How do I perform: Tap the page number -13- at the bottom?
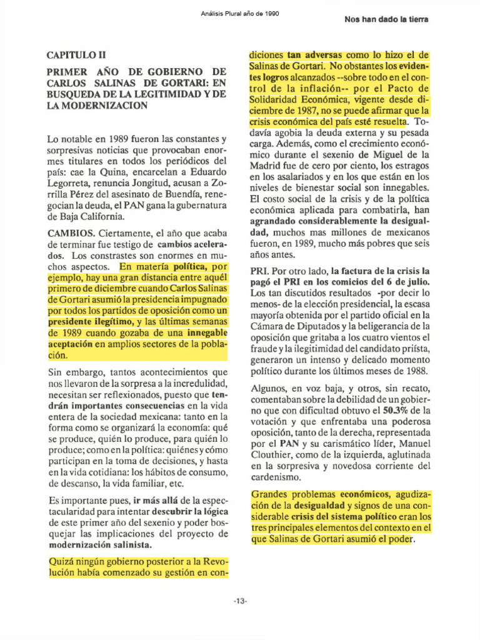coord(239,601)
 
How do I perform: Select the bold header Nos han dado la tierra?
coord(386,19)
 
